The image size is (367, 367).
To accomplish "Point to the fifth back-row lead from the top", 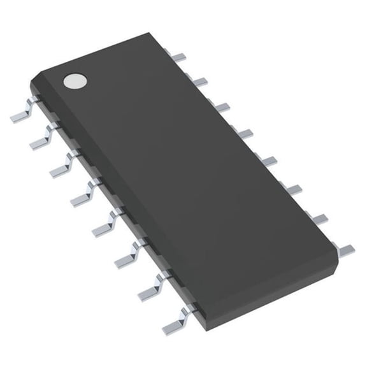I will (268, 159).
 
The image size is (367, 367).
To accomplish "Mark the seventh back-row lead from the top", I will (319, 218).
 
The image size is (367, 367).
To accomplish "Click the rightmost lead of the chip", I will (345, 247).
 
